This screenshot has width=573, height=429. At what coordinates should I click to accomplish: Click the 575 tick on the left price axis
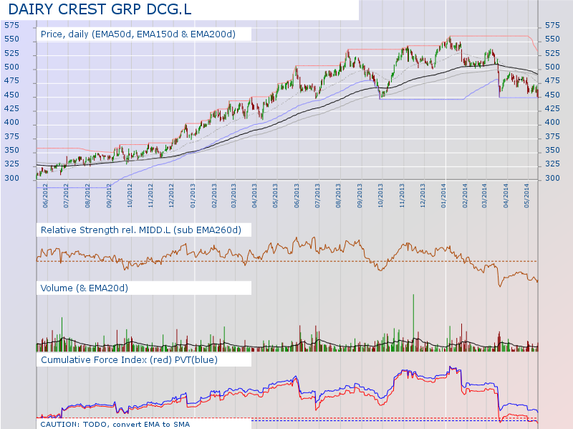pyautogui.click(x=11, y=25)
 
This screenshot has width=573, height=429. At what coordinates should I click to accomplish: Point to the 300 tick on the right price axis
pyautogui.click(x=552, y=179)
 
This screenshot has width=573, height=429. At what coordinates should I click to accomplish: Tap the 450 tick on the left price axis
pyautogui.click(x=11, y=95)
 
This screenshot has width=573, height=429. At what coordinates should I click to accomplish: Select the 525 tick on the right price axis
pyautogui.click(x=552, y=53)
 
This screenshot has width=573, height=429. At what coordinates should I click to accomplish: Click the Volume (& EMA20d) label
pyautogui.click(x=85, y=288)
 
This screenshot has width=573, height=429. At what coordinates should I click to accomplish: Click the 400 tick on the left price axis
pyautogui.click(x=11, y=123)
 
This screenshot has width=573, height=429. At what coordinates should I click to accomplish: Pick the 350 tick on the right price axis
pyautogui.click(x=552, y=151)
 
